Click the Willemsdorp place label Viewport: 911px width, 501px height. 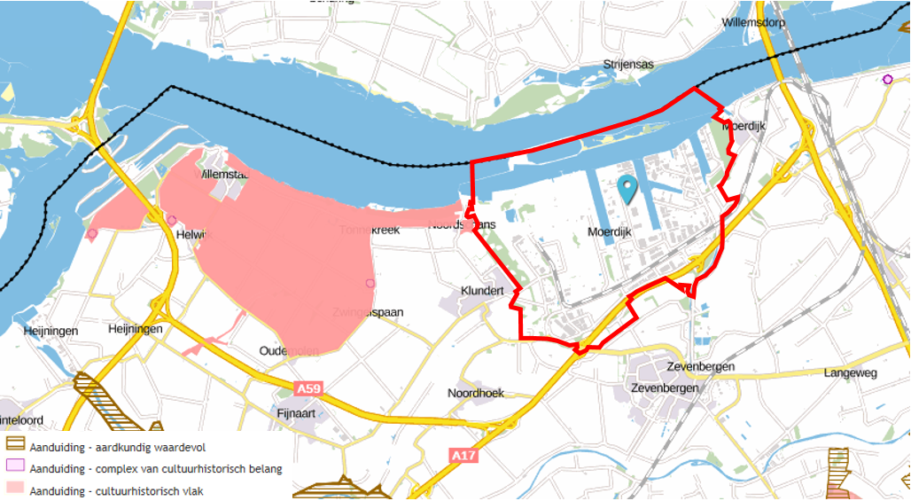pos(754,22)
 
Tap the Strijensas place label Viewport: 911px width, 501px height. pos(627,65)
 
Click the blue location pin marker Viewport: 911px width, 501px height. pos(627,189)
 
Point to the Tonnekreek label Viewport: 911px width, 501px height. pos(370,230)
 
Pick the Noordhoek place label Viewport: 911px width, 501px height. pos(478,393)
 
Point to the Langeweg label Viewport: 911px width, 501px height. pos(850,373)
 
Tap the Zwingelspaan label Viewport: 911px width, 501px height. pos(368,312)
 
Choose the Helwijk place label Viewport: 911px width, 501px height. pos(191,234)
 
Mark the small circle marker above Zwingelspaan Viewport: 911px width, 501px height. pos(370,283)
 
